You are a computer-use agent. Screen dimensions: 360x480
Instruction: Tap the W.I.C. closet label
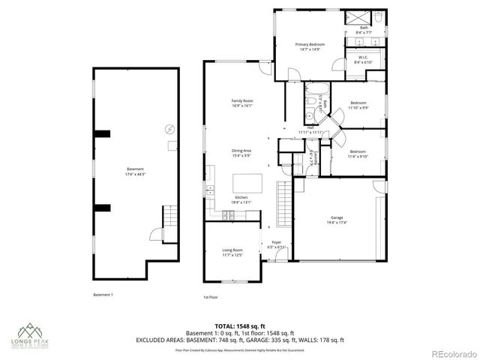[362, 60]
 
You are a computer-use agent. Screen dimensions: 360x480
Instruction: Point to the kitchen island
[249, 183]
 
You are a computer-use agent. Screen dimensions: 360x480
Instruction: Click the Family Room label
[241, 103]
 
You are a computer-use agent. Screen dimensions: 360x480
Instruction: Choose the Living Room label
[232, 253]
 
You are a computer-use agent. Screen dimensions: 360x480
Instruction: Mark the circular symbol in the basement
[170, 129]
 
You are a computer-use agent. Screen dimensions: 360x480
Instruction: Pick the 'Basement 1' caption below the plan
[103, 294]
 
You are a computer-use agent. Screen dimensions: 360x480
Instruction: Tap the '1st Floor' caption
[211, 298]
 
